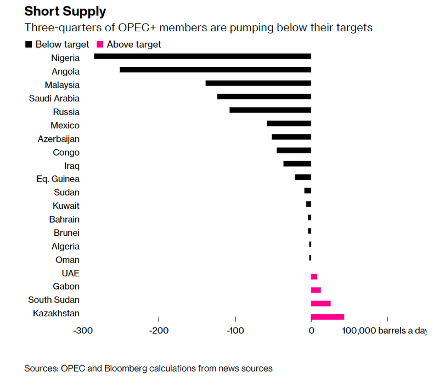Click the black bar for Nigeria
click(x=202, y=56)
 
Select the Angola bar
click(x=215, y=70)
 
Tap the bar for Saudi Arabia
click(x=264, y=96)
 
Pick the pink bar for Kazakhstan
click(x=327, y=317)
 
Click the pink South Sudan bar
click(x=320, y=303)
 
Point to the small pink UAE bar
click(x=314, y=277)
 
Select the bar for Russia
click(x=270, y=110)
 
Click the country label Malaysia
click(x=62, y=85)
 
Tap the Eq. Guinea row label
click(x=59, y=179)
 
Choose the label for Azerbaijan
click(x=58, y=139)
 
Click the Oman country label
click(x=67, y=260)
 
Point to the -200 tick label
click(x=159, y=331)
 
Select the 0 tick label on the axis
click(x=311, y=331)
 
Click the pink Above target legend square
click(x=100, y=44)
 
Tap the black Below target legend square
click(x=28, y=44)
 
